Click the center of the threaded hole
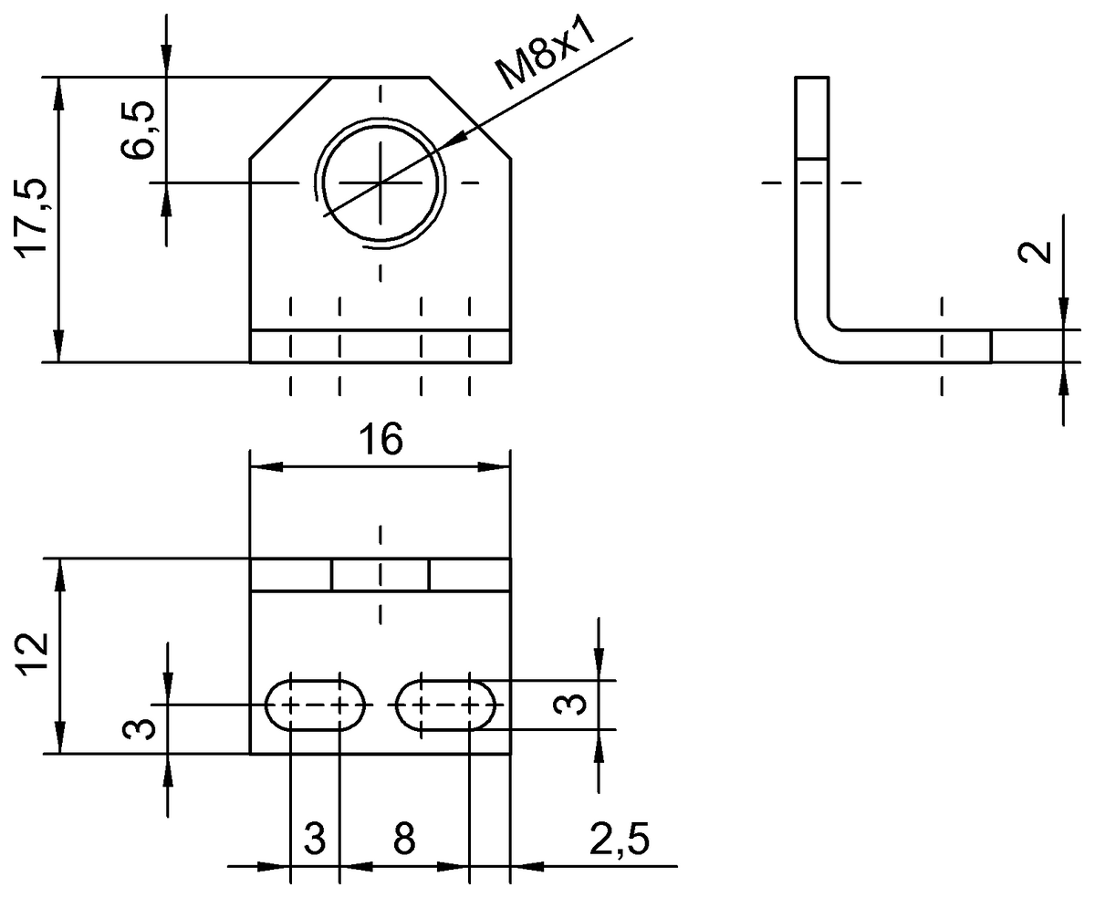click(x=381, y=183)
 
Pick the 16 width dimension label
click(x=380, y=440)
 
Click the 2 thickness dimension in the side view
click(x=1034, y=253)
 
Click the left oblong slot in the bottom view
click(x=315, y=705)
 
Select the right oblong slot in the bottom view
click(x=446, y=705)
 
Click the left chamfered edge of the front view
click(x=290, y=118)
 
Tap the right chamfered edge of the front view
click(x=469, y=118)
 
